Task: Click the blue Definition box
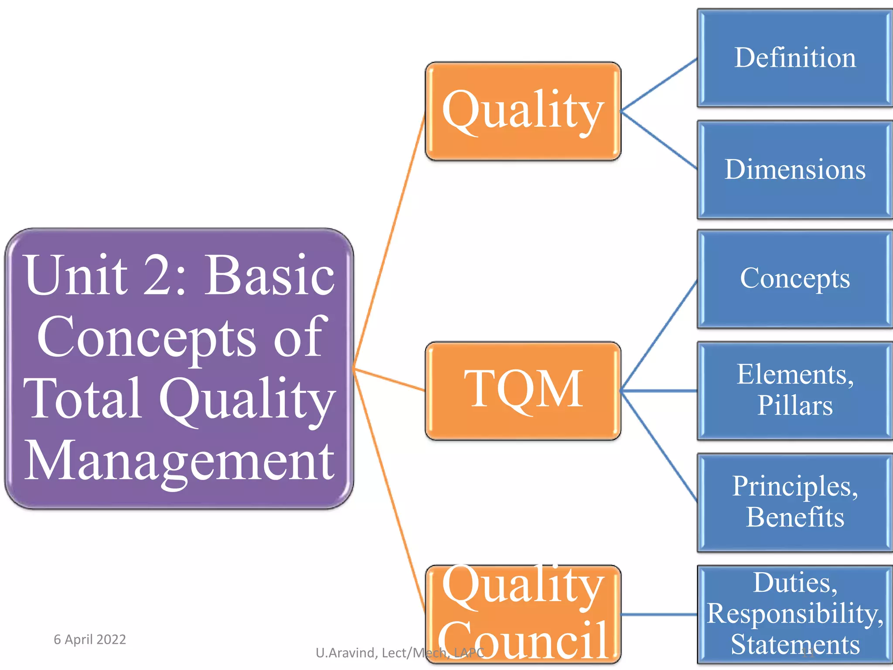coord(794,58)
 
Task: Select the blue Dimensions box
coord(794,170)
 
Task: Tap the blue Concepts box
coord(794,279)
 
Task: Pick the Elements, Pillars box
coord(794,390)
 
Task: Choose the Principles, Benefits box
coord(794,502)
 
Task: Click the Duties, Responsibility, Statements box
coord(794,614)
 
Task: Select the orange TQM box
coord(523,390)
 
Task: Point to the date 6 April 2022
coord(90,639)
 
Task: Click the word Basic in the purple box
coord(270,276)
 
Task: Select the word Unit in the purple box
coord(76,276)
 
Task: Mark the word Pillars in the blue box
coord(794,406)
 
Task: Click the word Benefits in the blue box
coord(794,517)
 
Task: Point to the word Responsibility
coord(794,614)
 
